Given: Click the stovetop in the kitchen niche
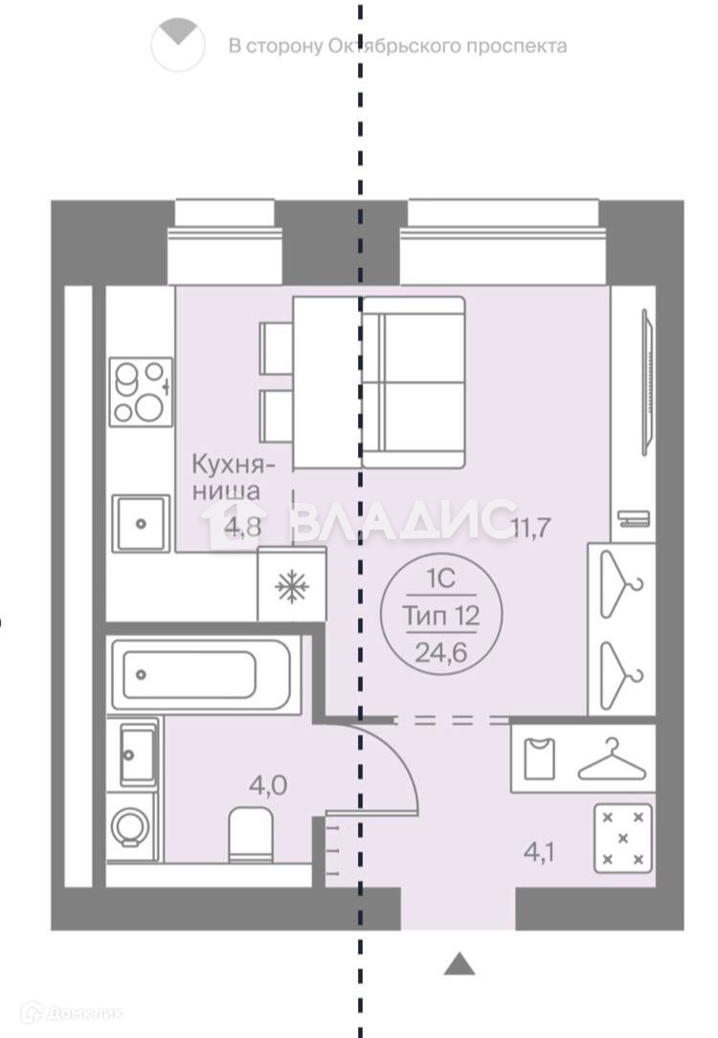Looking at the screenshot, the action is (141, 392).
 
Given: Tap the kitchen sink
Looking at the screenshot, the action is (141, 524).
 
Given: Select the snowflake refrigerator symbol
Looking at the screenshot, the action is (292, 587).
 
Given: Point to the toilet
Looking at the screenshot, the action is (251, 835).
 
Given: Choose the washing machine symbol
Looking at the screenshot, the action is (132, 826).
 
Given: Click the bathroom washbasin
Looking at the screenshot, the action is (137, 754).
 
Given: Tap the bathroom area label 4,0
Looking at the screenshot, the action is (268, 786).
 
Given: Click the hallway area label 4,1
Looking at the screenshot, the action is (539, 852).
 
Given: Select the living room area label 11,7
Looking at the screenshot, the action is (531, 528).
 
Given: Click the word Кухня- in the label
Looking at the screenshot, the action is (233, 464).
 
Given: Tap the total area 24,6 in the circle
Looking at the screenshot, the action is (441, 653).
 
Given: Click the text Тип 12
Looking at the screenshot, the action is (441, 617).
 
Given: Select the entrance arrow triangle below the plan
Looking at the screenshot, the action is (460, 964).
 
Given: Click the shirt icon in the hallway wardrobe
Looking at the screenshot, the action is (539, 758).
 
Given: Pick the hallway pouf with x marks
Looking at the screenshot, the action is (622, 838).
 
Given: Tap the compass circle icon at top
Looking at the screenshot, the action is (178, 45).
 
